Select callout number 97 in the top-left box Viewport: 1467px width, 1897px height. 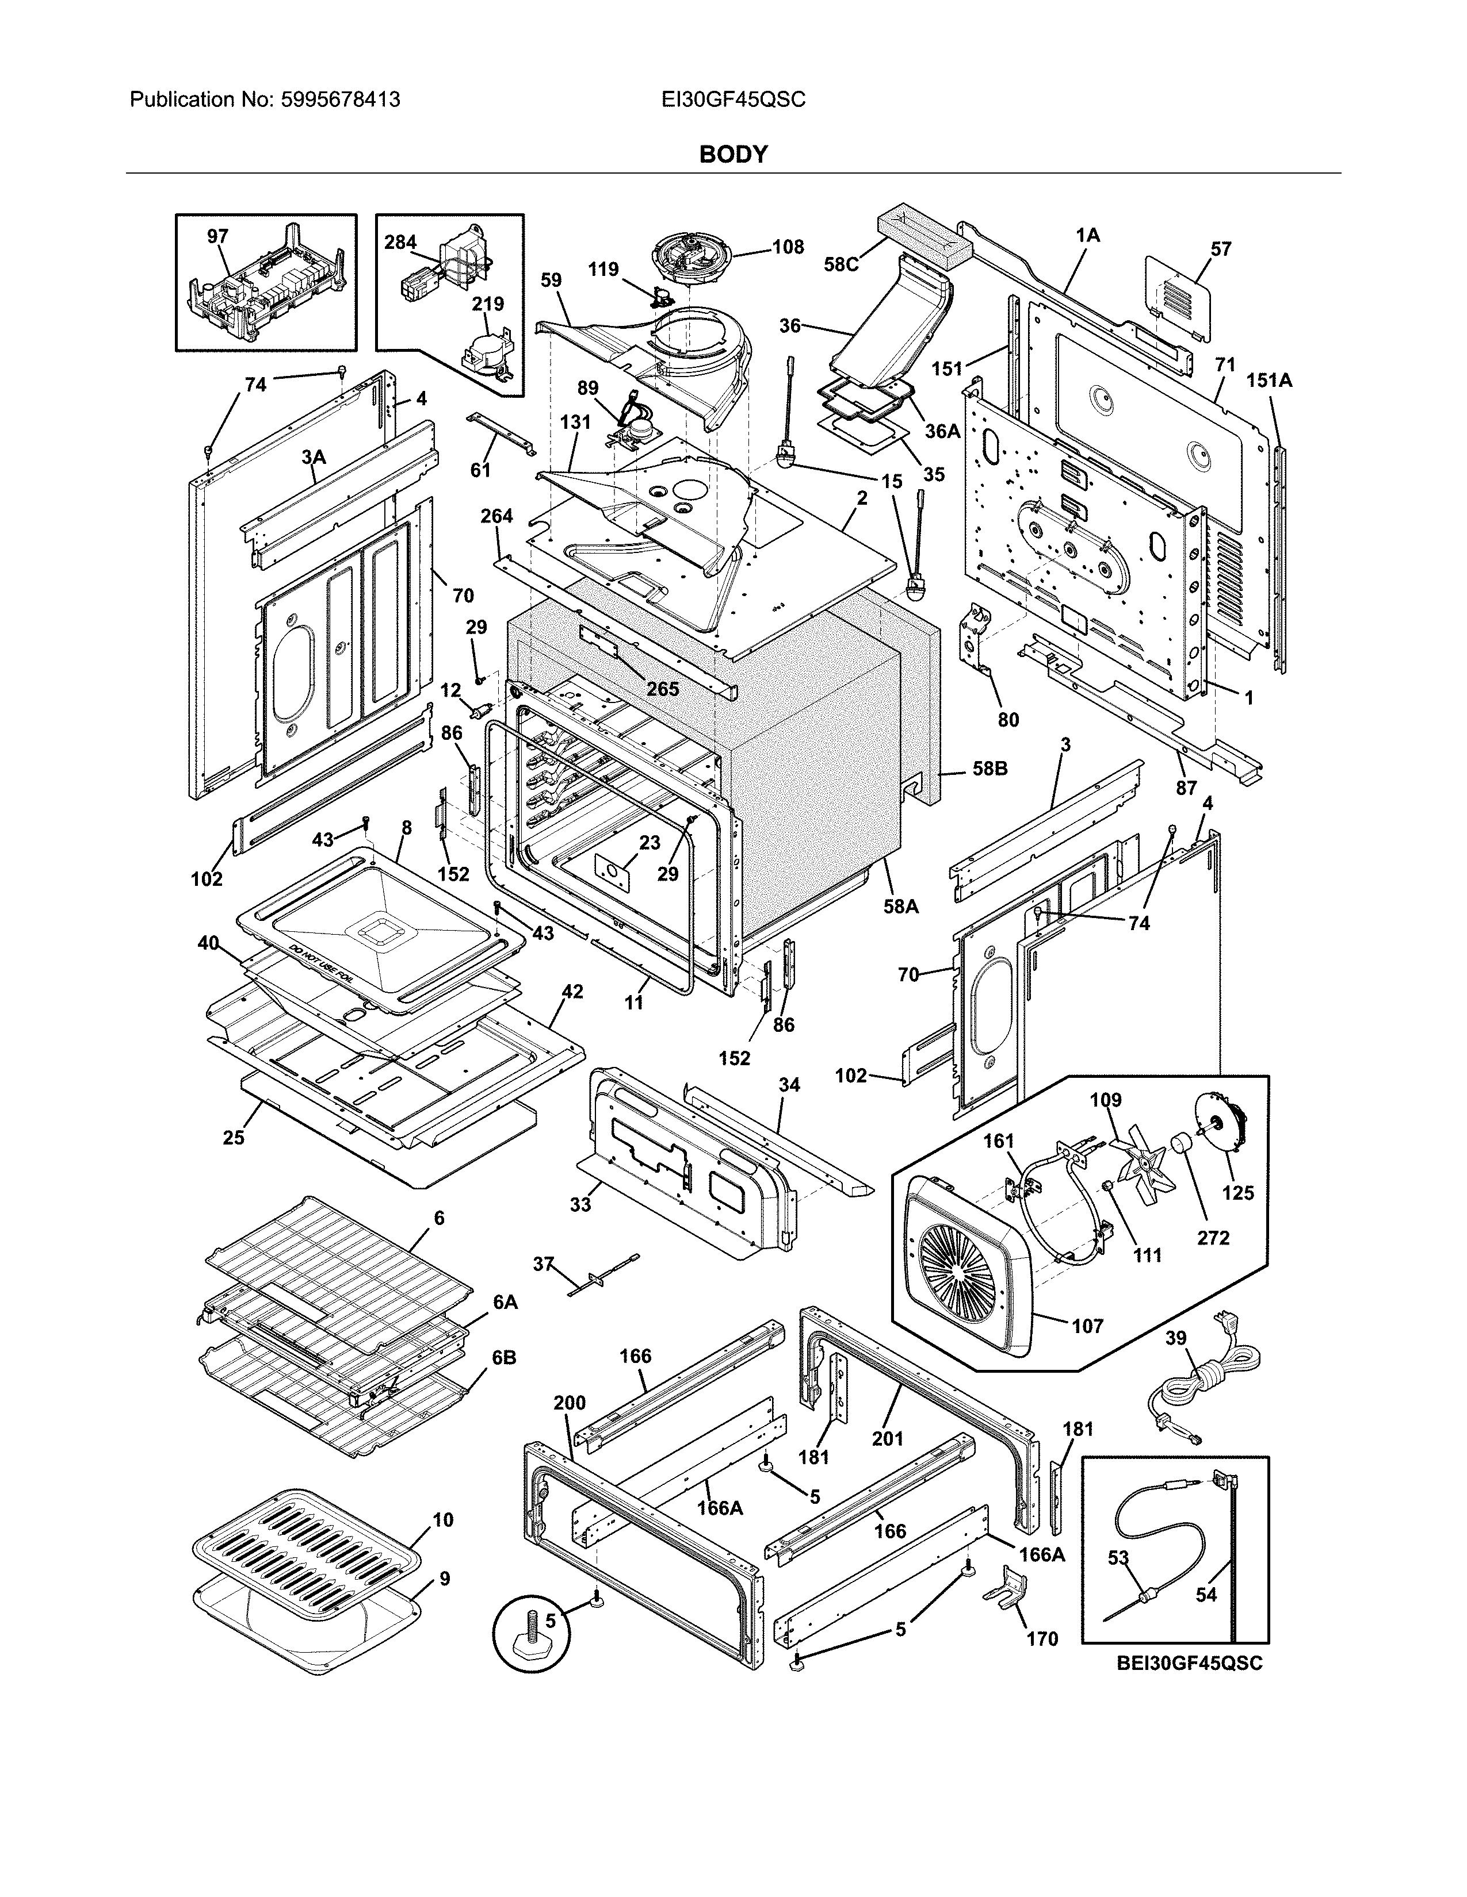click(217, 236)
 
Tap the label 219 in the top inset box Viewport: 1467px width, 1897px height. click(487, 304)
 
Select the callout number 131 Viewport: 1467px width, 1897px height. click(575, 422)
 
